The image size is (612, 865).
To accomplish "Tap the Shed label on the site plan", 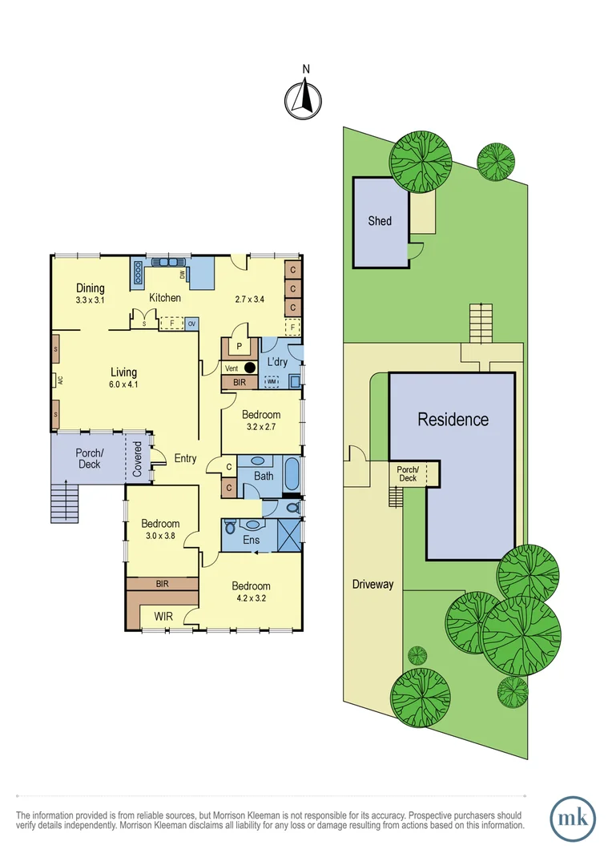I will point(380,220).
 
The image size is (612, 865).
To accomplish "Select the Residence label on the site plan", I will point(453,419).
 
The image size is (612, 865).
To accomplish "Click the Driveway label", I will point(373,584).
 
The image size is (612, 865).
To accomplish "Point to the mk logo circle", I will point(573,819).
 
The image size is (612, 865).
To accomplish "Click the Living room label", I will point(123,372).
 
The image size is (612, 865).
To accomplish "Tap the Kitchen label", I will point(166,298).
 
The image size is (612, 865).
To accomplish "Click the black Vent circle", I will point(251,368).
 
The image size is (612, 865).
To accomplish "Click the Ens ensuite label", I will point(250,540).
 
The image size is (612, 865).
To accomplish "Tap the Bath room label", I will point(264,476).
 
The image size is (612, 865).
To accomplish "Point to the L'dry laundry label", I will point(276,362).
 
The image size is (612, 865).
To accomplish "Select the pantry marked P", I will point(238,346).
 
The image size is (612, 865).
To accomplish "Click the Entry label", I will point(185,458).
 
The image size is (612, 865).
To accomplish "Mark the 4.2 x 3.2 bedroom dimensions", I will point(251,597).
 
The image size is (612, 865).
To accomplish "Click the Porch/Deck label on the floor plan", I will point(89,458).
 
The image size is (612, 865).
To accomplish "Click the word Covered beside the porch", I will point(137,458).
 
